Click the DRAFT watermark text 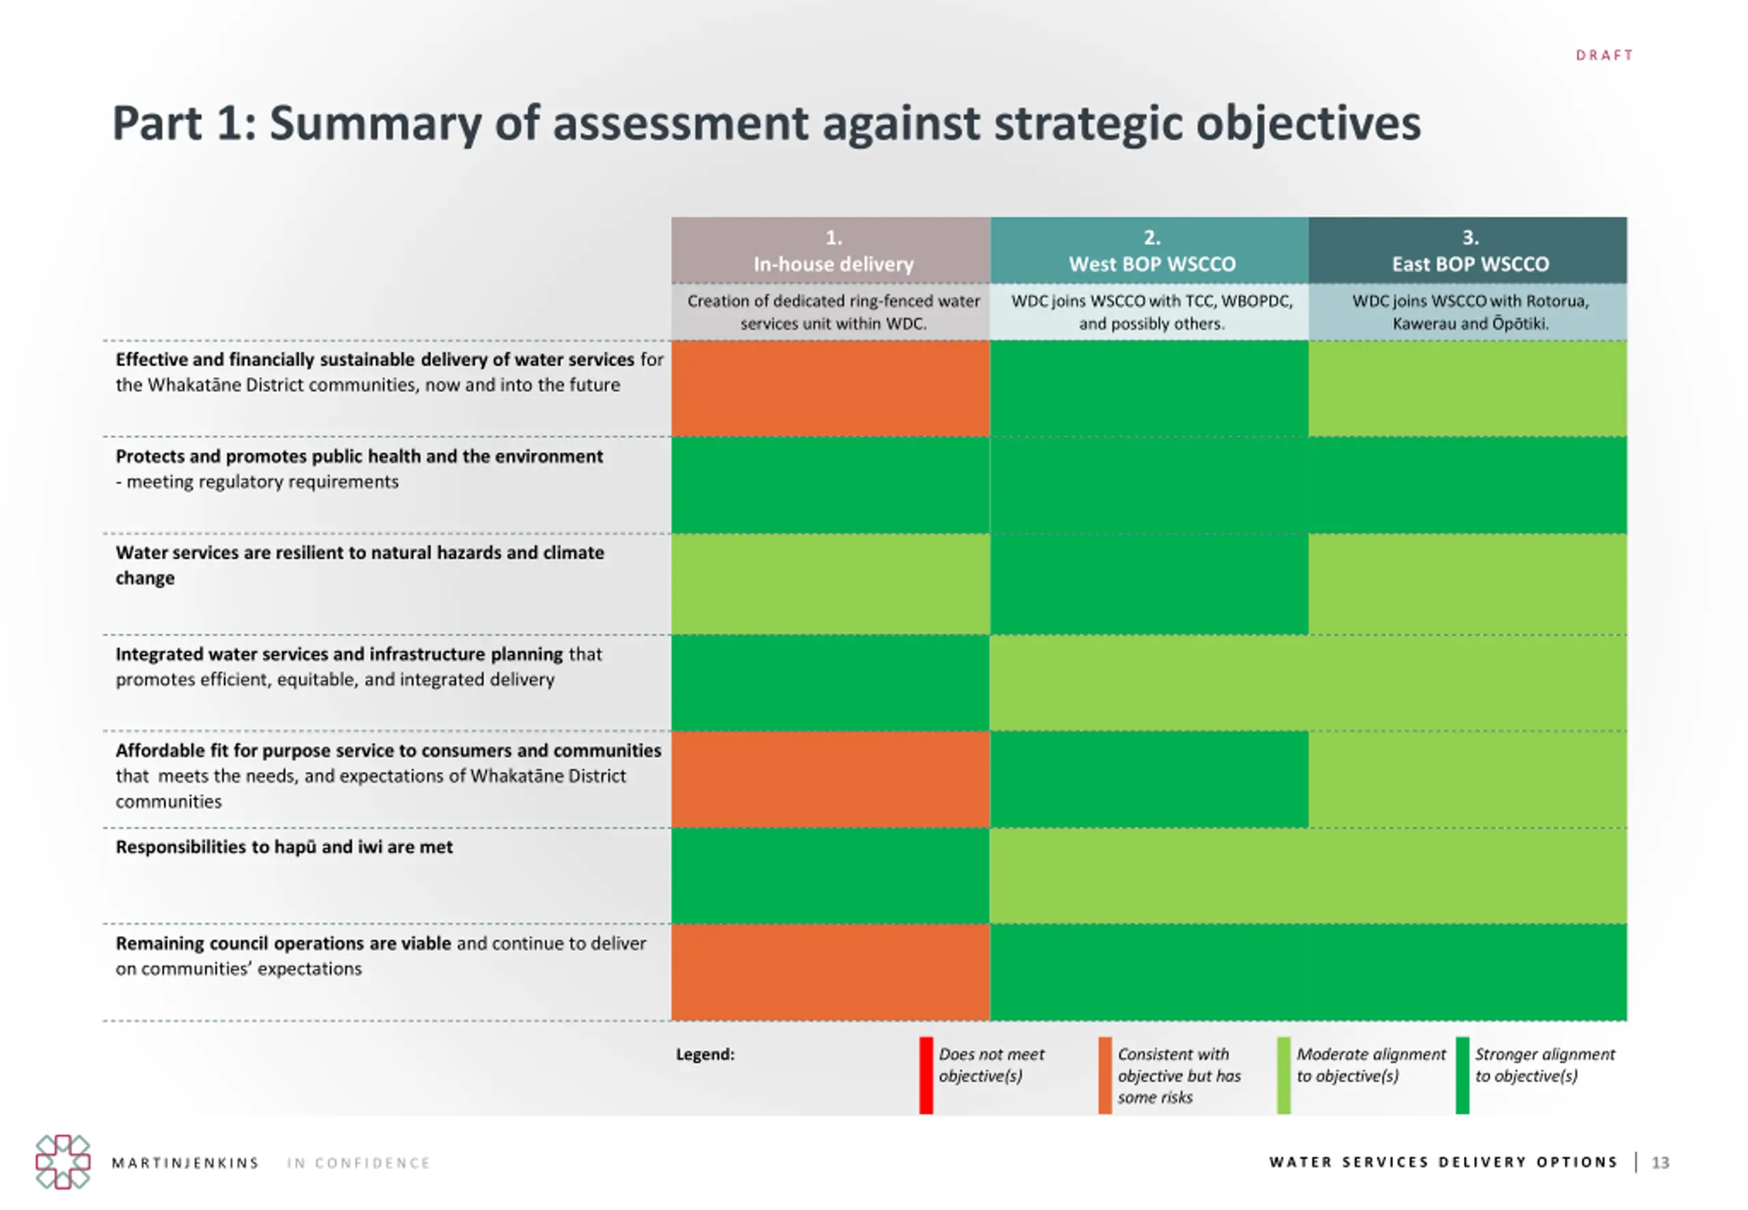1604,55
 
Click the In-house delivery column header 832,251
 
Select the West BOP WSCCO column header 1151,251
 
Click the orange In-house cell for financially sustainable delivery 831,388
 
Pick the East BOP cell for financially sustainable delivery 1467,388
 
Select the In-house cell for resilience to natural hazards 831,584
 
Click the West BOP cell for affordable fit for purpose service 1149,778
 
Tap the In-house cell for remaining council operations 831,972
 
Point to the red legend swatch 925,1075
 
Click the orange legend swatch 1104,1075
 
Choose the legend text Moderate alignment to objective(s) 1370,1065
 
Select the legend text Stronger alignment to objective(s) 1544,1065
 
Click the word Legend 705,1054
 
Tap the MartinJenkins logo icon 63,1162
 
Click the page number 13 1660,1162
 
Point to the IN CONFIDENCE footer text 358,1163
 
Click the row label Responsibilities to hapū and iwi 284,847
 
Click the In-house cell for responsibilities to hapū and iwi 831,875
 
